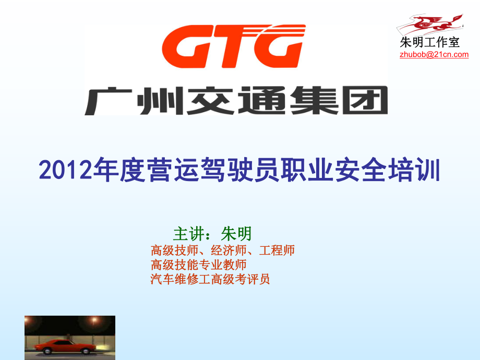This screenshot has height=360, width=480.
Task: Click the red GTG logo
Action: tap(234, 46)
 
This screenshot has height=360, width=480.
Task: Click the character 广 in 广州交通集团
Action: tap(108, 101)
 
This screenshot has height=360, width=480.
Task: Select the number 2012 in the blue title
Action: tap(65, 170)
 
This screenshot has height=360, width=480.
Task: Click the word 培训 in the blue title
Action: tap(414, 170)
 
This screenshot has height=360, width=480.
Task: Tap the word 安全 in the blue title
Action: tap(361, 170)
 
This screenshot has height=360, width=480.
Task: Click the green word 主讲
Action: tap(186, 234)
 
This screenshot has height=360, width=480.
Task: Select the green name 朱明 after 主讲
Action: tap(236, 234)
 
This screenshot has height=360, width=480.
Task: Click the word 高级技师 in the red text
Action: tap(174, 250)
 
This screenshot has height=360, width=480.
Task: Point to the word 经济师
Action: tap(229, 250)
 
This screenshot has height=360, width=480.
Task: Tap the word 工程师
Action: tap(277, 250)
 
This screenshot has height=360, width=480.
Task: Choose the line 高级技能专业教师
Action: tap(199, 265)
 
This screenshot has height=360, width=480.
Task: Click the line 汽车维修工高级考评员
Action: tap(210, 279)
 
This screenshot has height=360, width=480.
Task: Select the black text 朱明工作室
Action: tap(429, 42)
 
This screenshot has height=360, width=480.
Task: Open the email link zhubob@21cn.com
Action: tap(434, 54)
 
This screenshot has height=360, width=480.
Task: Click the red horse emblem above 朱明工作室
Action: tap(430, 24)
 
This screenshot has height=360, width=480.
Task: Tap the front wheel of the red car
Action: tap(86, 351)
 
